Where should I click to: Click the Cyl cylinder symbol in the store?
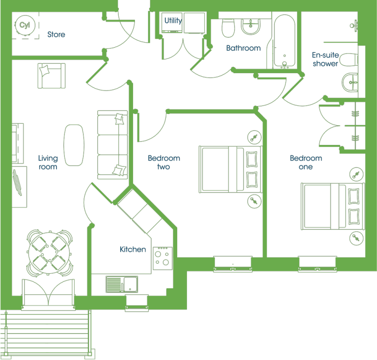click(25, 25)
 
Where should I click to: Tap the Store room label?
click(56, 34)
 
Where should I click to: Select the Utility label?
click(173, 21)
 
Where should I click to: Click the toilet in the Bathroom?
click(228, 28)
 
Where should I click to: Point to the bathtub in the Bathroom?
click(284, 41)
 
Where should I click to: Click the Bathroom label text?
click(243, 48)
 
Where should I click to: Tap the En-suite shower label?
click(325, 59)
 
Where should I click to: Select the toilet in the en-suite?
click(348, 59)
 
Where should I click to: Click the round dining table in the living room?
click(49, 253)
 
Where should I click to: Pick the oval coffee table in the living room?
click(74, 145)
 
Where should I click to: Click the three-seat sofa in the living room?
click(112, 145)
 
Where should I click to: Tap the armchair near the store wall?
click(52, 76)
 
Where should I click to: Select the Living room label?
click(48, 163)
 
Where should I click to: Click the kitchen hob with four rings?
click(162, 258)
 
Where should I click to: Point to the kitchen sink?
click(122, 284)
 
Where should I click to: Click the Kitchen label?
click(133, 249)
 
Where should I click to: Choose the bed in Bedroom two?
click(230, 169)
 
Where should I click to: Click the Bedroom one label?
click(306, 163)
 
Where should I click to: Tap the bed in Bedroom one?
click(333, 207)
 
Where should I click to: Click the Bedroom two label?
click(164, 163)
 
